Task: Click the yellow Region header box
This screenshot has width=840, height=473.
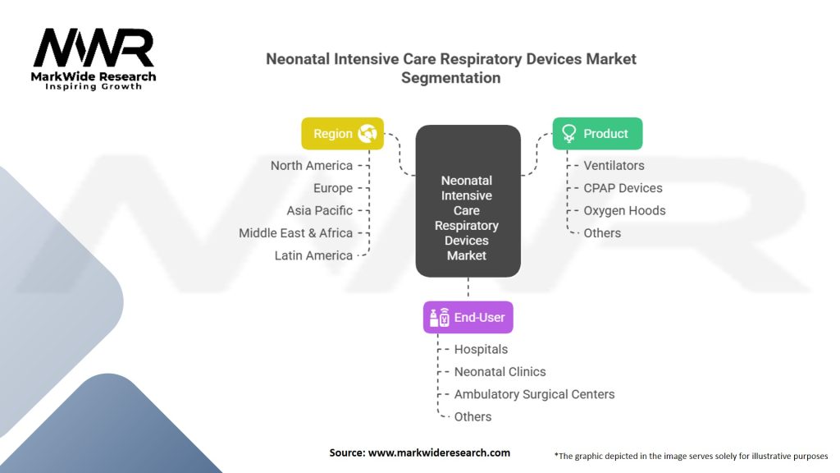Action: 342,134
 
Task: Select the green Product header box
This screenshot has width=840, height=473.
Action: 597,134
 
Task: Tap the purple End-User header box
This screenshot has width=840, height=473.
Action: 468,318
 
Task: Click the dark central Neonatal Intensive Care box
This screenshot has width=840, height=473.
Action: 468,201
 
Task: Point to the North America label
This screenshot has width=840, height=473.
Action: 311,166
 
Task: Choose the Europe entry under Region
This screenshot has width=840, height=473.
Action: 333,188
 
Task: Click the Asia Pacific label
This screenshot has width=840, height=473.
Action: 319,211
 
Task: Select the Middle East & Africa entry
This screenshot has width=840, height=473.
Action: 295,233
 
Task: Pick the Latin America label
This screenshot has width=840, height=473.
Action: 313,256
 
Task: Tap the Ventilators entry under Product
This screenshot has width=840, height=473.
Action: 614,166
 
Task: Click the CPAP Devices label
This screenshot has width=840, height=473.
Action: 623,188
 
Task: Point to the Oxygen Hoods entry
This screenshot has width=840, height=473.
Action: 624,211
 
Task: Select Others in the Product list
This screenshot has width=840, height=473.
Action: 602,233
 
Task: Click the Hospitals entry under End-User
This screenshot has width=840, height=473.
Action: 481,350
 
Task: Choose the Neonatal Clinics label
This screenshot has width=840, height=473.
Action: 500,372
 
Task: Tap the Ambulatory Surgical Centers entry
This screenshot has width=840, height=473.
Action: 534,395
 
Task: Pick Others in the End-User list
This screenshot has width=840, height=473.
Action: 472,416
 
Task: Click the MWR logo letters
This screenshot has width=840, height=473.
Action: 94,48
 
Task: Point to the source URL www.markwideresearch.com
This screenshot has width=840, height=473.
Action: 439,452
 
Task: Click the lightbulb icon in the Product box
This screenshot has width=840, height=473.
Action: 568,134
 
